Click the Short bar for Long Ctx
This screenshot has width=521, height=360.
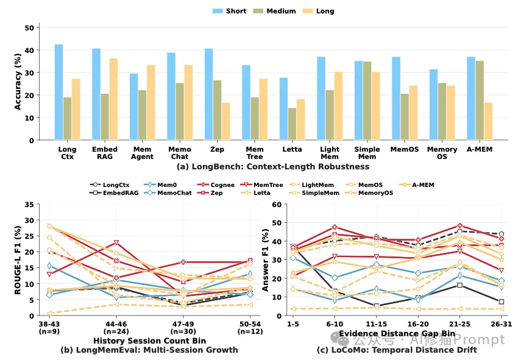[x=59, y=92]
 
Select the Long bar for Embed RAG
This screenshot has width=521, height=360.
[x=113, y=99]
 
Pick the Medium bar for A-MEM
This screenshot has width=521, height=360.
[x=480, y=101]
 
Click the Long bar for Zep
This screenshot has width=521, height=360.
[x=226, y=121]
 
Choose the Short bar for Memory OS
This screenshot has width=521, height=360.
[x=433, y=105]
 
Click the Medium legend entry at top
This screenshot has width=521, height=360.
[x=274, y=11]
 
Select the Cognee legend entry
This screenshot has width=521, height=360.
[x=216, y=185]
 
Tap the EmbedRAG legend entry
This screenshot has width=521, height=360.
[x=114, y=192]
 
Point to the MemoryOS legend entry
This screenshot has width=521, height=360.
[x=369, y=192]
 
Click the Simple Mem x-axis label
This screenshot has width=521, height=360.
[x=367, y=153]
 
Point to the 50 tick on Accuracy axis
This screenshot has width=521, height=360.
[x=29, y=27]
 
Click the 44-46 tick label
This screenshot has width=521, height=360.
[x=116, y=324]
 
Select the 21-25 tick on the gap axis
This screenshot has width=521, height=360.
[x=459, y=324]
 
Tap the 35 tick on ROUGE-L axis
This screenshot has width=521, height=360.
[x=29, y=205]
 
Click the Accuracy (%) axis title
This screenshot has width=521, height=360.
[x=18, y=82]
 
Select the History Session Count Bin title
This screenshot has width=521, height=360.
[x=149, y=341]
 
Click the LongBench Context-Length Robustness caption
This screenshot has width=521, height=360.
[x=273, y=166]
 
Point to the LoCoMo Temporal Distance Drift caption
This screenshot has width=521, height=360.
[x=397, y=350]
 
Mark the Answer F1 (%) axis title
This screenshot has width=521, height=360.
[x=265, y=260]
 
